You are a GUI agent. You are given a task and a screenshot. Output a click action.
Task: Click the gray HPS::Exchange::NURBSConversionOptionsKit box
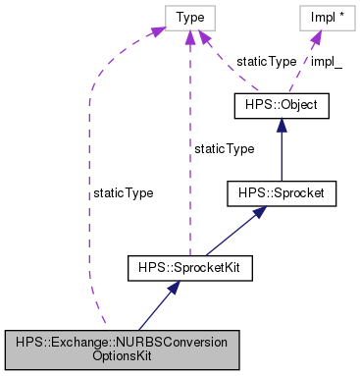(x=122, y=349)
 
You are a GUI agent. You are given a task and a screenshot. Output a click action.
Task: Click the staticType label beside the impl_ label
(x=266, y=61)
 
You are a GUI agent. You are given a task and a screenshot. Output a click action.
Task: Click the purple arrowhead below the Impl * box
(x=315, y=36)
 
